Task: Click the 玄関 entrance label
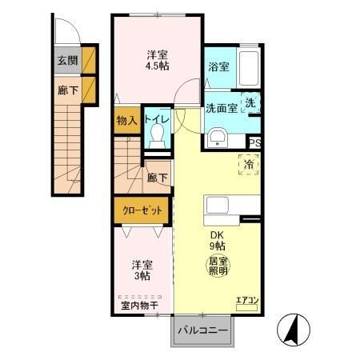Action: click(66, 60)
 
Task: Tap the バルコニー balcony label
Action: click(202, 330)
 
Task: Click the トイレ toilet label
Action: click(156, 120)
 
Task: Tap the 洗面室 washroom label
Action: click(221, 109)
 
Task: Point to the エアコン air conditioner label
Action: click(246, 302)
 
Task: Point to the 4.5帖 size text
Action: click(156, 67)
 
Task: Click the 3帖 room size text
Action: click(141, 276)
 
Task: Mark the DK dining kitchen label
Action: click(217, 234)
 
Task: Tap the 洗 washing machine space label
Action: click(250, 103)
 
